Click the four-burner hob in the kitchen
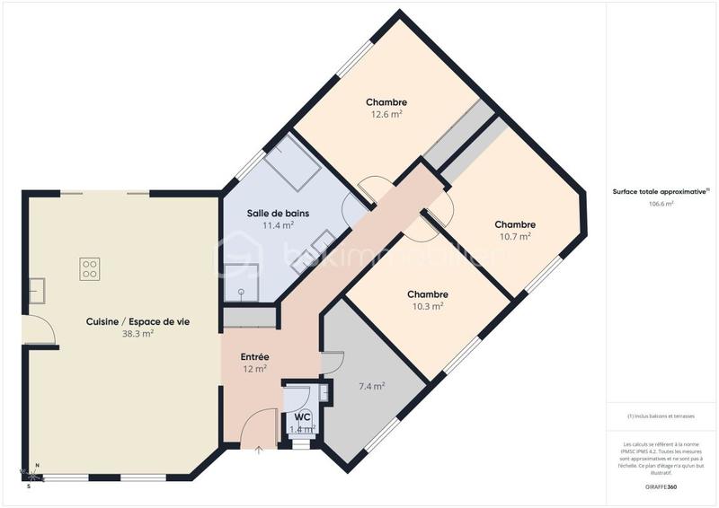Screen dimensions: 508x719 pyautogui.click(x=90, y=268)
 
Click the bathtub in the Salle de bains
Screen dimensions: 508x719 pyautogui.click(x=294, y=162)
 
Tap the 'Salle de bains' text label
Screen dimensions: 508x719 pyautogui.click(x=278, y=213)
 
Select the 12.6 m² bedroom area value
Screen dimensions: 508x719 pyautogui.click(x=386, y=115)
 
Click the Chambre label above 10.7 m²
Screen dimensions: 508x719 pyautogui.click(x=515, y=224)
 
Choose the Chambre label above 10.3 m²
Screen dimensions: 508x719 pyautogui.click(x=428, y=294)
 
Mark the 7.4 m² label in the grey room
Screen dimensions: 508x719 pyautogui.click(x=371, y=386)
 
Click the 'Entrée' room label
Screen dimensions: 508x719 pyautogui.click(x=254, y=356)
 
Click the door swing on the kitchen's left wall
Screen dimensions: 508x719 pyautogui.click(x=40, y=332)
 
